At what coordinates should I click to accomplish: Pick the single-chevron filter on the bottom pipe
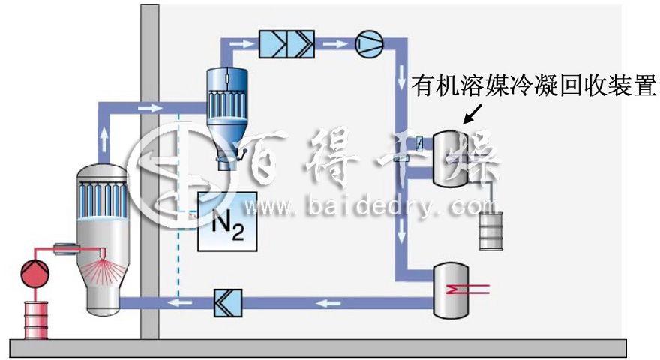coord(224,302)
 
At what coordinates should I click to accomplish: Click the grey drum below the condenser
coord(493,229)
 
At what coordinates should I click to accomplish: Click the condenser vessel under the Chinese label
coord(457,157)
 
